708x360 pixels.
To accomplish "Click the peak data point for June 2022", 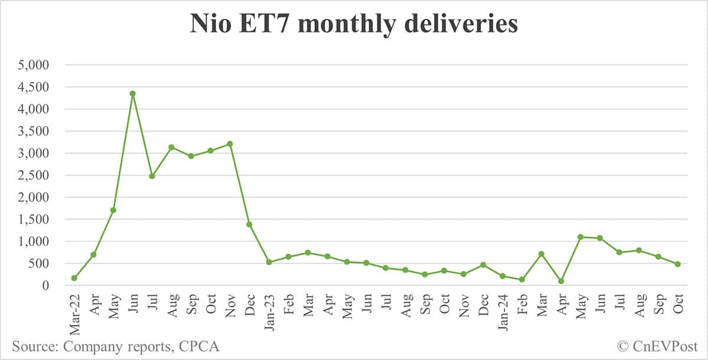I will coord(133,93).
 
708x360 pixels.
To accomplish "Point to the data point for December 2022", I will coord(249,224).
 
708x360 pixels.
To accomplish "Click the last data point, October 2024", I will coord(677,264).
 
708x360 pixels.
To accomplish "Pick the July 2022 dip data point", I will coord(152,176).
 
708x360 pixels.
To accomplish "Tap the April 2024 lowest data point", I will coord(560,281).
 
